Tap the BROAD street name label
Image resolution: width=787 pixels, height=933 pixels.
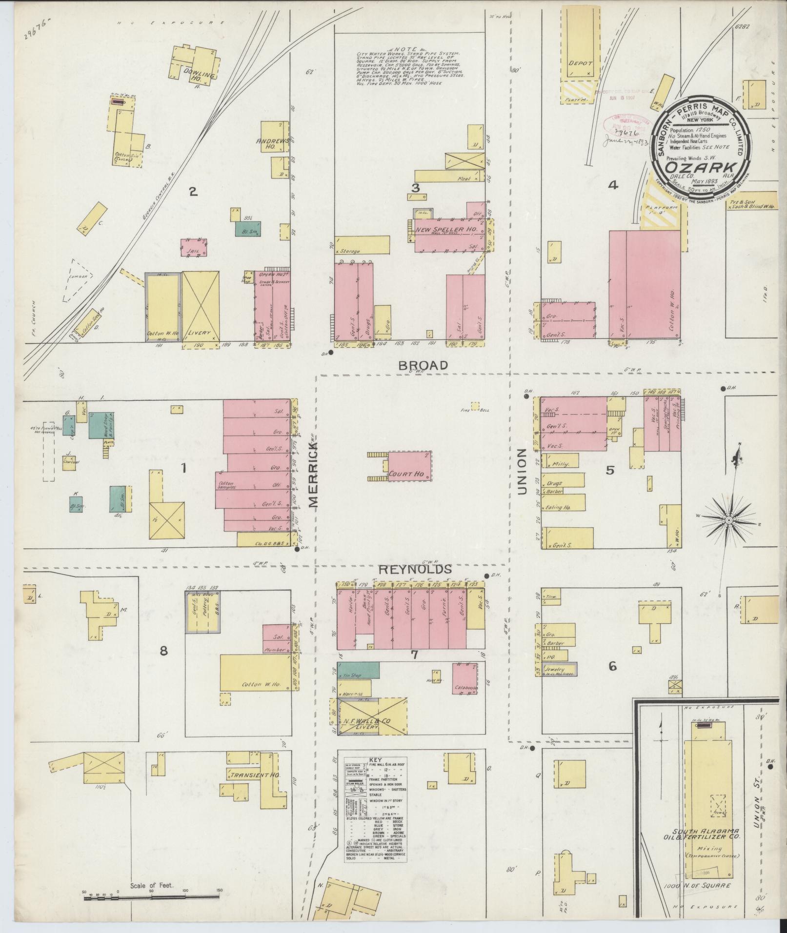(x=423, y=365)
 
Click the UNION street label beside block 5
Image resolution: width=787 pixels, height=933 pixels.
(x=522, y=471)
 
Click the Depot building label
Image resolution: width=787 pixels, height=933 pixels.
(x=580, y=63)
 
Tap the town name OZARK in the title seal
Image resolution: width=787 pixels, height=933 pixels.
(x=698, y=167)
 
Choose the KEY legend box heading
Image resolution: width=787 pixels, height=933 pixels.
(x=375, y=760)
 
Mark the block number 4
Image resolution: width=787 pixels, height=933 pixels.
(x=613, y=185)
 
